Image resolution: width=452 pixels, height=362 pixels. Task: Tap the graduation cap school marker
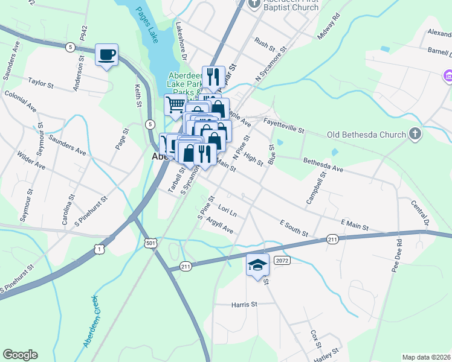pyautogui.click(x=257, y=265)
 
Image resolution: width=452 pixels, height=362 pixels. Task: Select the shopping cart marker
pyautogui.click(x=175, y=105)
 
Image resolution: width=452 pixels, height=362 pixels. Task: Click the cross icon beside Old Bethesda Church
pyautogui.click(x=415, y=133)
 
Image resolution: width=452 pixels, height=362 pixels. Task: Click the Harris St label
pyautogui.click(x=244, y=305)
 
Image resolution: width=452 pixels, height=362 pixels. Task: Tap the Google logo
pyautogui.click(x=20, y=355)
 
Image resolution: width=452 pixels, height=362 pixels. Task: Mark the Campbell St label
pyautogui.click(x=316, y=188)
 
